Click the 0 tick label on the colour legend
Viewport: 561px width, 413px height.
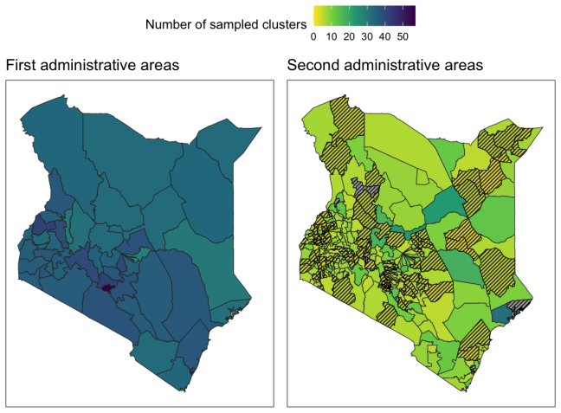pos(313,37)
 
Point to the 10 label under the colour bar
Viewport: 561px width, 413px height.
pos(332,37)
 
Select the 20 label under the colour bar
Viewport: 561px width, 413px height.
pos(349,37)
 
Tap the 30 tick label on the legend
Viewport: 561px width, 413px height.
pos(367,37)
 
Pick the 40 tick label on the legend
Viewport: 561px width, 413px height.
pos(385,37)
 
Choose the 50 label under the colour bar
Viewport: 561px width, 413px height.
pos(403,37)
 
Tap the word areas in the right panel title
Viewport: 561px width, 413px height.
pos(464,65)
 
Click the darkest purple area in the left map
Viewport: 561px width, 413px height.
pos(107,287)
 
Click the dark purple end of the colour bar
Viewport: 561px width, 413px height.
pos(411,16)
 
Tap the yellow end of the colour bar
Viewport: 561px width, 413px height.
pos(318,16)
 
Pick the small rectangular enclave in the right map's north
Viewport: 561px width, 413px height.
pos(423,177)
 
